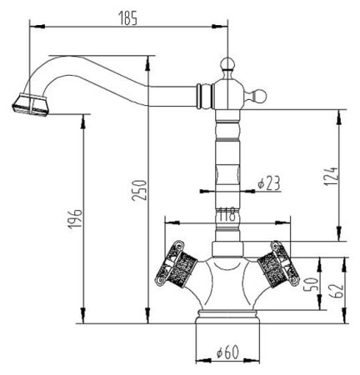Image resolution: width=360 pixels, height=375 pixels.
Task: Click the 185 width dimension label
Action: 127,18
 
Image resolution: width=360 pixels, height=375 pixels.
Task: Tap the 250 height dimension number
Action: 139,190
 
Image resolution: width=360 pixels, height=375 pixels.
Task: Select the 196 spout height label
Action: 75,219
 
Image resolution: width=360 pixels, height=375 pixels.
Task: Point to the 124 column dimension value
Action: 332,177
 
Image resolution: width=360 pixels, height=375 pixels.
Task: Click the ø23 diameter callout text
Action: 268,182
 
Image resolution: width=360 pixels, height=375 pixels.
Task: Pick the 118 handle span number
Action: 227,214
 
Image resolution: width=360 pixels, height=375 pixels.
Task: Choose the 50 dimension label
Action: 311,283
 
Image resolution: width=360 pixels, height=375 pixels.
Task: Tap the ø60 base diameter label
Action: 227,352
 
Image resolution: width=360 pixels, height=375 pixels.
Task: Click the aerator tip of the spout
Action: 31,104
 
